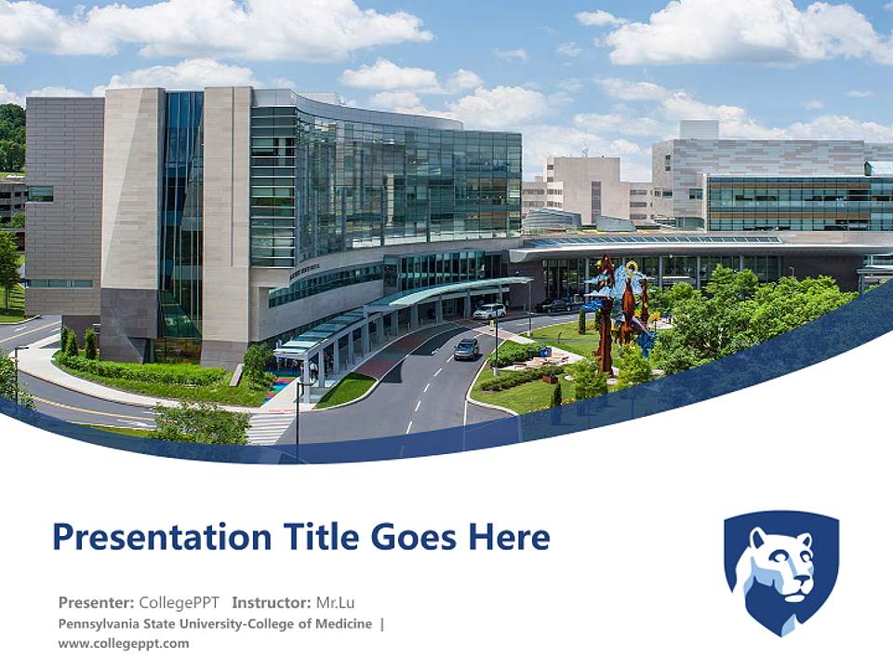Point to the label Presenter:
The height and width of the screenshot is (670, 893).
coord(96,602)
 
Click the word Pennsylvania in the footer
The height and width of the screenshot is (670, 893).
coord(100,623)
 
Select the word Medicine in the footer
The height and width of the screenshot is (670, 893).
coord(341,623)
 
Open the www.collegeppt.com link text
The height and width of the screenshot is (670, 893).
coord(123,643)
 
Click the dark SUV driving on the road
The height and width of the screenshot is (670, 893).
coord(467,348)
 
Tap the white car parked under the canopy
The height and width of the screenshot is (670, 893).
coord(489,312)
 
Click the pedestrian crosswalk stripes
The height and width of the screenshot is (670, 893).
coord(270,427)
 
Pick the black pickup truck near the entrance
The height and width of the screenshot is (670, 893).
coord(554,304)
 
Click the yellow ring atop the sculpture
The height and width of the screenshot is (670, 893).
coord(633,269)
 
